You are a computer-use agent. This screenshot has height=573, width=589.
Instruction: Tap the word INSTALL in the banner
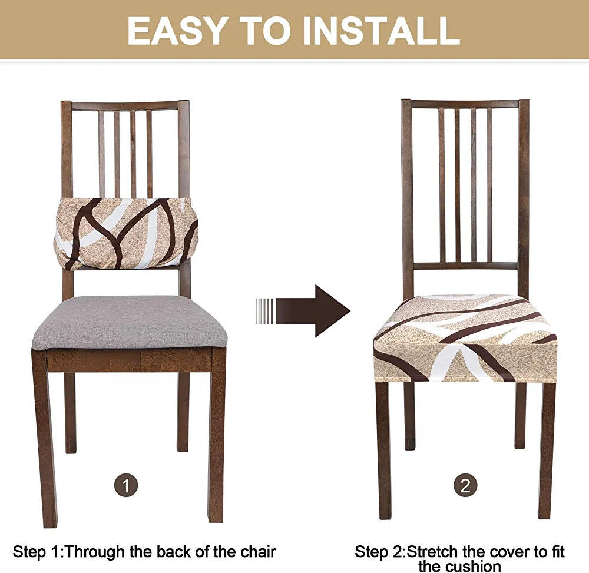pyautogui.click(x=382, y=31)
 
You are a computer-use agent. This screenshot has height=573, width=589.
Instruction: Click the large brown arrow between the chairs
pyautogui.click(x=303, y=311)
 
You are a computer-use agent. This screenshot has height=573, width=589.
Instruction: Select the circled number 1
pyautogui.click(x=126, y=485)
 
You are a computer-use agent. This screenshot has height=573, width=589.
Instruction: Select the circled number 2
pyautogui.click(x=465, y=485)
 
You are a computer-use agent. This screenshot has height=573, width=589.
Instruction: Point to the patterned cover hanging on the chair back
pyautogui.click(x=126, y=234)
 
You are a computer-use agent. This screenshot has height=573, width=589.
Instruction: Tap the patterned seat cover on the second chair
pyautogui.click(x=465, y=338)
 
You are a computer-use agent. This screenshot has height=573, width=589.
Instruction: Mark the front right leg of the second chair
pyautogui.click(x=547, y=451)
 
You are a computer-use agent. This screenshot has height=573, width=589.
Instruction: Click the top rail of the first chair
pyautogui.click(x=125, y=105)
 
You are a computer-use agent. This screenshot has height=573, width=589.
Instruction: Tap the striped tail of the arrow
pyautogui.click(x=266, y=311)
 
